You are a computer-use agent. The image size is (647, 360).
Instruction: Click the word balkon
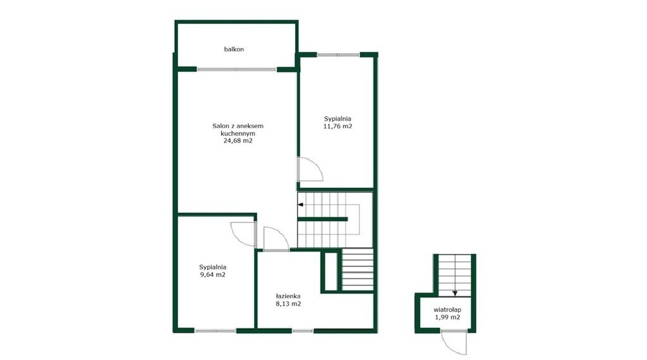coord(234,49)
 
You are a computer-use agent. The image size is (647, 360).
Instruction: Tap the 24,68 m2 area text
coord(238,141)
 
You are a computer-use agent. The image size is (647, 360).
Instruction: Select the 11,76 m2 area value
coord(337,126)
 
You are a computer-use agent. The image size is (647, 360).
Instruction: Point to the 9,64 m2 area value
coord(212,274)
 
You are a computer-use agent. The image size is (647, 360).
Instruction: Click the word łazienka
coord(288,296)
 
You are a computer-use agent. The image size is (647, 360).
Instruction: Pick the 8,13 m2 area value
coord(288,304)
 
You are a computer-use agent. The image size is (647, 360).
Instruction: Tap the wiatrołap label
coord(447,309)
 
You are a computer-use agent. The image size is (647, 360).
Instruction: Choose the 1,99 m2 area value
coord(447,317)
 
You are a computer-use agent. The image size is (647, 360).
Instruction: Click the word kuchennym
coord(238,133)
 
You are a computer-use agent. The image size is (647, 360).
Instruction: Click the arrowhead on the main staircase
coord(300,205)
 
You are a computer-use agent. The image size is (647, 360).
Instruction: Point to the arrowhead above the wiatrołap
coord(455,294)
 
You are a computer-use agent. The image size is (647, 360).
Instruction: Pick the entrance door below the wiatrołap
coord(454,342)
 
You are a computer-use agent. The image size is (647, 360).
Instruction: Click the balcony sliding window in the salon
coord(236,69)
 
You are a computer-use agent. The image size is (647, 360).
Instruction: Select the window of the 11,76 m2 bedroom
coord(338,54)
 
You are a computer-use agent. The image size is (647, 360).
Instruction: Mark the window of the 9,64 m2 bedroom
coord(215,331)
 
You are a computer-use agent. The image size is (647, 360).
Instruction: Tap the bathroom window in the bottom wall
coord(303,331)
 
